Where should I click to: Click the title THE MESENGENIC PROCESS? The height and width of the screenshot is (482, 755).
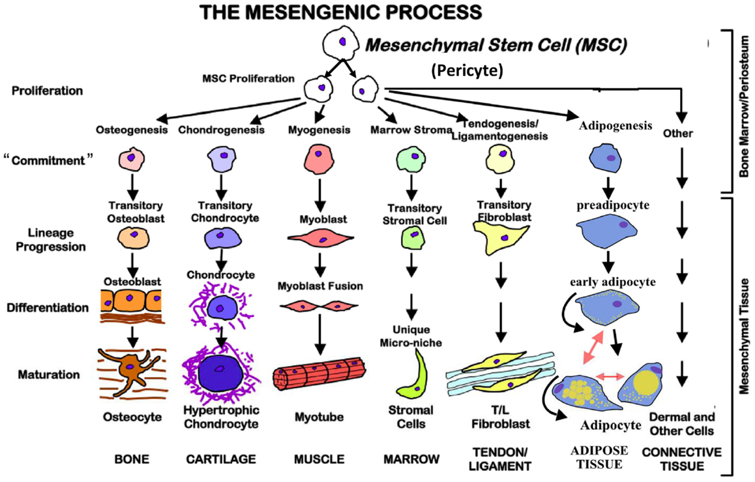[x=342, y=12]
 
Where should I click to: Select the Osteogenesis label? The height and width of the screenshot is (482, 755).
[x=131, y=130]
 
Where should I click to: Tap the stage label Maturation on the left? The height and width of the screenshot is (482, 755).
[x=45, y=375]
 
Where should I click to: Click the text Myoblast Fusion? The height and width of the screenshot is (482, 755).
[x=320, y=286]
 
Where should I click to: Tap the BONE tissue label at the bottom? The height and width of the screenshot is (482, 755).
[x=131, y=459]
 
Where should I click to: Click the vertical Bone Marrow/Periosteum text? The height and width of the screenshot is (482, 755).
[x=742, y=108]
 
